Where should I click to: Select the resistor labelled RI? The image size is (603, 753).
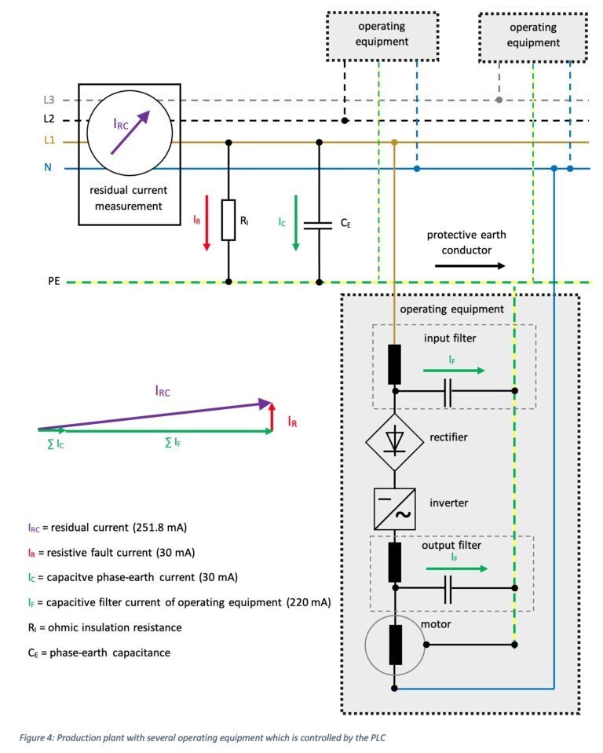(x=228, y=220)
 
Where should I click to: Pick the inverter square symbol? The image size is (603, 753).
(x=395, y=507)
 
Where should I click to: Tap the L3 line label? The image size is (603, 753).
(x=48, y=101)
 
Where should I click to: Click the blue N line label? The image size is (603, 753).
(x=47, y=168)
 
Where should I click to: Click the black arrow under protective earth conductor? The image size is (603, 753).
(x=470, y=265)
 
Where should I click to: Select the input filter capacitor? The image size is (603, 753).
(x=448, y=390)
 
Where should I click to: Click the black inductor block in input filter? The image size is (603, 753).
(x=395, y=364)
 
